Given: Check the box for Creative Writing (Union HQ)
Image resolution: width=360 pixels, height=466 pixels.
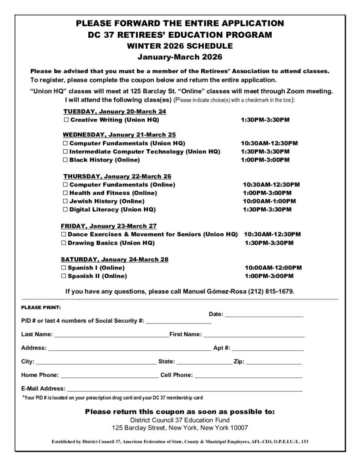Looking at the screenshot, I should click(66, 120).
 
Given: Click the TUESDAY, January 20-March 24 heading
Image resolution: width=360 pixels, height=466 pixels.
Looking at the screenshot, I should click(115, 111).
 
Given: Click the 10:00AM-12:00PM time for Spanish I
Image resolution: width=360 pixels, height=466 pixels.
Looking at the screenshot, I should click(273, 268).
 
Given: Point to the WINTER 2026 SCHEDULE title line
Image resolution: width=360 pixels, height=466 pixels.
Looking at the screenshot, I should click(180, 46).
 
